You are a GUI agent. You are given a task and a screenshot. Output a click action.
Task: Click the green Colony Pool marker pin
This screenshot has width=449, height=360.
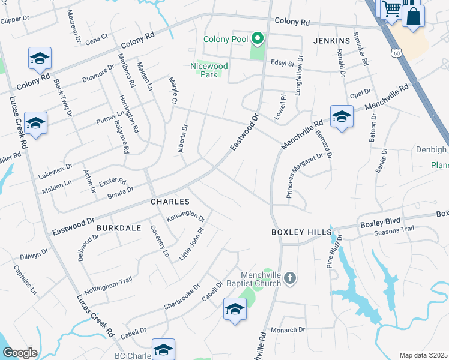(258, 40)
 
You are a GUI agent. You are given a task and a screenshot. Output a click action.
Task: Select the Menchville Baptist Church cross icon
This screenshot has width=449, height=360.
(290, 277)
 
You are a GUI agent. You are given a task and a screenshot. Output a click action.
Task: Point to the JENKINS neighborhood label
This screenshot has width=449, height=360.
(331, 41)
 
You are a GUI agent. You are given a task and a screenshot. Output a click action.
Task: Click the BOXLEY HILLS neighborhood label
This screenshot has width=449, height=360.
(301, 232)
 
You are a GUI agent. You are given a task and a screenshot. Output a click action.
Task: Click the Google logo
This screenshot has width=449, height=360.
(20, 353)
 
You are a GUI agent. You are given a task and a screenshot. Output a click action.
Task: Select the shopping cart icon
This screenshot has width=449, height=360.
(391, 9)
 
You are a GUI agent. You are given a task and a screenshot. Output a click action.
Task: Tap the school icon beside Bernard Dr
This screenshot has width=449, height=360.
(342, 116)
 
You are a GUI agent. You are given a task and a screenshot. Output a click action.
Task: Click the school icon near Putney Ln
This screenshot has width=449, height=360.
(35, 123)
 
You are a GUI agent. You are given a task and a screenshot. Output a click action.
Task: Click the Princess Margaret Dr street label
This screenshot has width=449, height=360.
(305, 175)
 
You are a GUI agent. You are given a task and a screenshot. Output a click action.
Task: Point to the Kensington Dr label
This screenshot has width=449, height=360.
(186, 215)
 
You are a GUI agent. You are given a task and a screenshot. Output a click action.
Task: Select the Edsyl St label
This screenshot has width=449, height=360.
(283, 63)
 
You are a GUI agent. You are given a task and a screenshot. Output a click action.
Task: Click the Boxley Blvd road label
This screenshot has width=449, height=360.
(379, 224)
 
